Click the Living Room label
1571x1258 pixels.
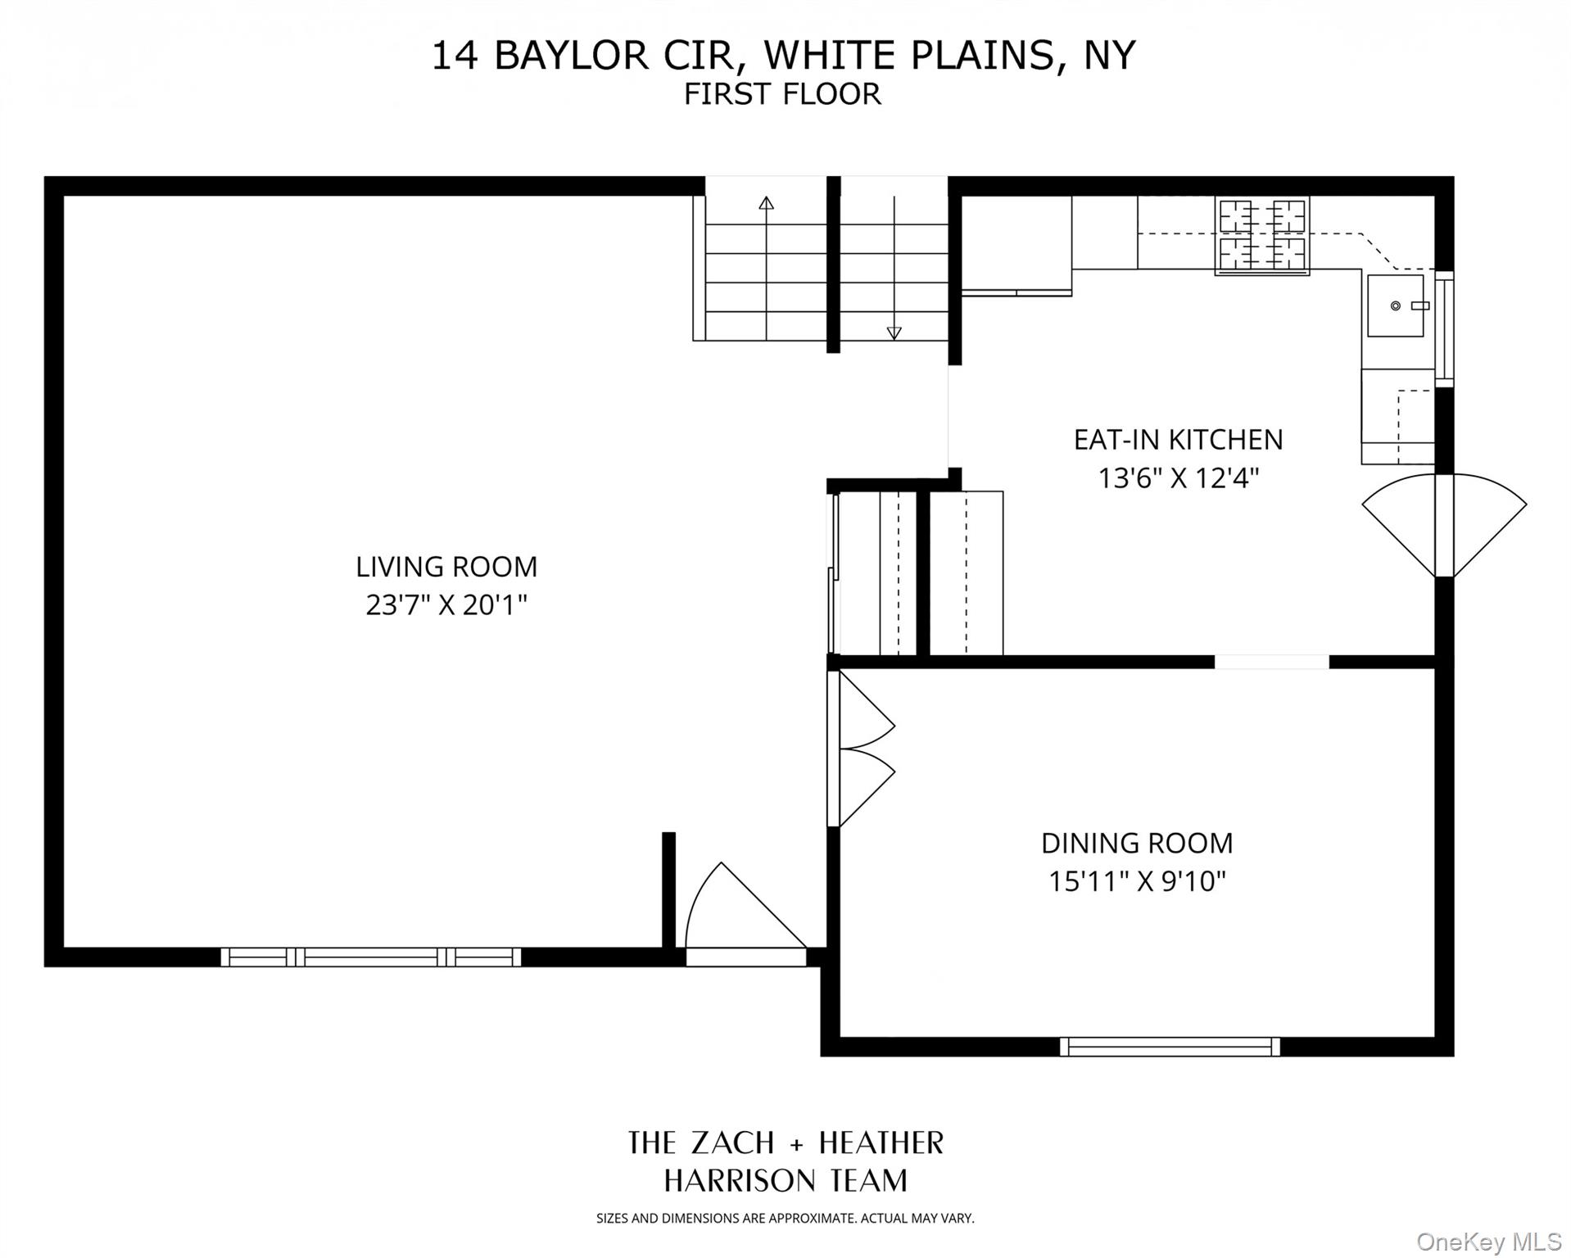point(446,567)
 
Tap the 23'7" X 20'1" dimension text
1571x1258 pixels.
point(446,605)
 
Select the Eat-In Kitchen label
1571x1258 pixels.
point(1178,440)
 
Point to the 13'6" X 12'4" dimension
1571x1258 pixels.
point(1178,477)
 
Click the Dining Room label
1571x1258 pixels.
point(1137,843)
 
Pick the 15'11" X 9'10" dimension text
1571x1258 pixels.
point(1137,881)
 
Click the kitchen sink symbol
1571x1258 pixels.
point(1396,305)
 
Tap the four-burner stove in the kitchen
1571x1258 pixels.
point(1261,235)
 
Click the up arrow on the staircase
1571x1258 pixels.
point(766,203)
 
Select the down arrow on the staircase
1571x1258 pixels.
point(894,333)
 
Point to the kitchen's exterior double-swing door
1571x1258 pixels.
point(1444,525)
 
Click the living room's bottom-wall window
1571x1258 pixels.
point(371,957)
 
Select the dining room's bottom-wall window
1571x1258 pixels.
point(1170,1046)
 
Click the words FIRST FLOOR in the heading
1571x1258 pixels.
point(782,94)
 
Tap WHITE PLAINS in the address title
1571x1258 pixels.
point(909,56)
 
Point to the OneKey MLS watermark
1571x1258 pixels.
point(1488,1242)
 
